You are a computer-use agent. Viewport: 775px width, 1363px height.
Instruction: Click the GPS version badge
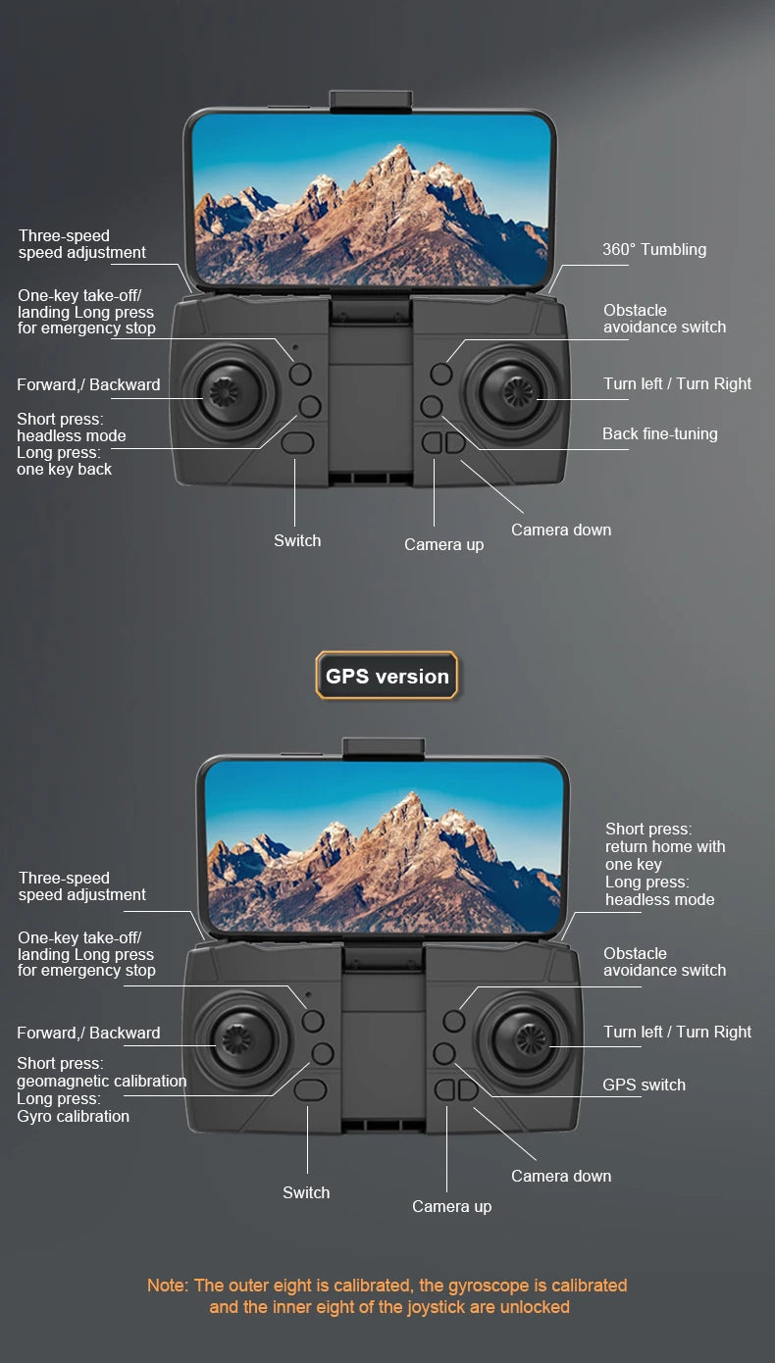[x=387, y=676]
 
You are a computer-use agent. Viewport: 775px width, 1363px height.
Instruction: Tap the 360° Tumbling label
[x=653, y=249]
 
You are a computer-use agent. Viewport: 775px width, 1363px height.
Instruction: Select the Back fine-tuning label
[x=659, y=433]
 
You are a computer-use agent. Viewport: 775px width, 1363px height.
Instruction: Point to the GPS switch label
[x=644, y=1085]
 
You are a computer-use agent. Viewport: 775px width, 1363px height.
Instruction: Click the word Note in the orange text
[x=166, y=1285]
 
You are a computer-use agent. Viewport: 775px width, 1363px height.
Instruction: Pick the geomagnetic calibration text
[x=101, y=1081]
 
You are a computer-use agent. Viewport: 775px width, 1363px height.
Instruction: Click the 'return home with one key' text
[x=664, y=855]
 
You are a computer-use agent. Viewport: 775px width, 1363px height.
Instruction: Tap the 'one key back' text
[x=64, y=469]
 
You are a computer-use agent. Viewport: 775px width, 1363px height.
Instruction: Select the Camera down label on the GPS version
[x=560, y=1176]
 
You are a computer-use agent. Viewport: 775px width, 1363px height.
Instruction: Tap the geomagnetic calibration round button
[x=322, y=1053]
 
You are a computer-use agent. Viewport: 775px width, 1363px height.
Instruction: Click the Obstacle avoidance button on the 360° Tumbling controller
[x=441, y=373]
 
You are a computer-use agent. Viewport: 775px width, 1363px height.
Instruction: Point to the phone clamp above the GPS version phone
[x=383, y=747]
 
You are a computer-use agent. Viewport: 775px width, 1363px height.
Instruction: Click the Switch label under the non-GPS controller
[x=296, y=540]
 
